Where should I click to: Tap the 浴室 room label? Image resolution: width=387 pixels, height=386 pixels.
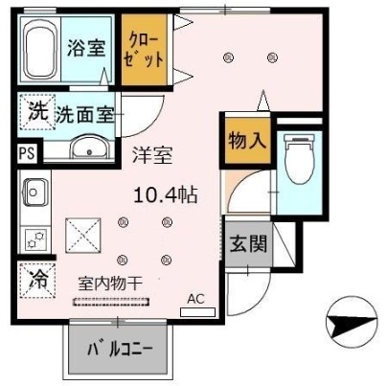[x=85, y=49]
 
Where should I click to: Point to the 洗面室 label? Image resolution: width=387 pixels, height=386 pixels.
[x=84, y=115]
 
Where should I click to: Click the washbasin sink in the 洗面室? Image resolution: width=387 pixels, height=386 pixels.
[x=90, y=148]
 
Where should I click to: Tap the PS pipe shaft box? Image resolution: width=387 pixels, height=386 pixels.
[x=26, y=152]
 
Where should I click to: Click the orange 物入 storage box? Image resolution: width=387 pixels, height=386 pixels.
[x=246, y=141]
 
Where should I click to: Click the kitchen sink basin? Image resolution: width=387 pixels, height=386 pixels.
[x=34, y=192]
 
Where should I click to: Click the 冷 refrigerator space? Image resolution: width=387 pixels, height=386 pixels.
[x=37, y=280]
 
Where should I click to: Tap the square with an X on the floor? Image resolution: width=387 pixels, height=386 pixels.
[x=80, y=232]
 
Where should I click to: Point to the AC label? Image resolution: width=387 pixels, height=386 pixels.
[x=195, y=298]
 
